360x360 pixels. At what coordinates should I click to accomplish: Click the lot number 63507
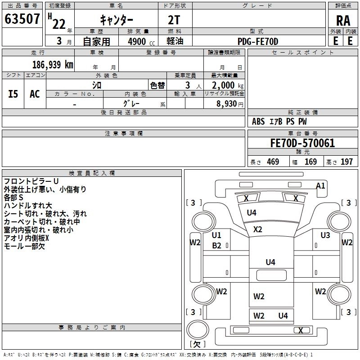click(22, 19)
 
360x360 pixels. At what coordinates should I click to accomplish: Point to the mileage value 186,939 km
click(53, 64)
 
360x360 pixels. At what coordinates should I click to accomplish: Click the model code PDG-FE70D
click(258, 41)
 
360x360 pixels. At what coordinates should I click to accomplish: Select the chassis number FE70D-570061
click(302, 144)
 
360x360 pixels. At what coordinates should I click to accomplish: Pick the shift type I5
click(13, 94)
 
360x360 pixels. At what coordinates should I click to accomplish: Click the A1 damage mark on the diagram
click(320, 185)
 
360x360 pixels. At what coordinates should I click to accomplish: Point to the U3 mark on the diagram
click(325, 235)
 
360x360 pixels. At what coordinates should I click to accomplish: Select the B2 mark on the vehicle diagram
click(216, 245)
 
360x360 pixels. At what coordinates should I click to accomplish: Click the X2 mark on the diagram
click(257, 229)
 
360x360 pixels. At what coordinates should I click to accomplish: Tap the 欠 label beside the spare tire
click(197, 344)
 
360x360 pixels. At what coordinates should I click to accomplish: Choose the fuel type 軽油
click(175, 41)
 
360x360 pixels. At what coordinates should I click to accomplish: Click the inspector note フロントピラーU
click(31, 181)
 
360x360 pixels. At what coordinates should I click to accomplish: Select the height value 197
click(346, 162)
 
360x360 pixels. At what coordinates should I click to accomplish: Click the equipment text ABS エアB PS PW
click(279, 121)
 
